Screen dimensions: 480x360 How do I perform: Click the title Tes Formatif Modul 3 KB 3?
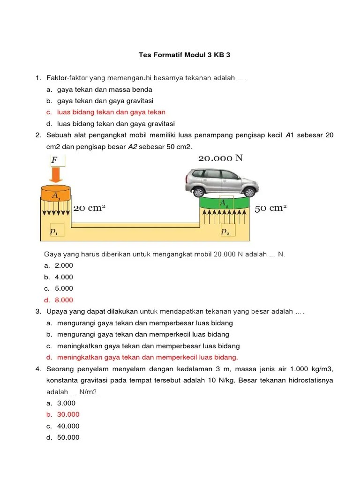[184, 55]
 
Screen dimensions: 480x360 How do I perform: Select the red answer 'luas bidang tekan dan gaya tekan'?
[111, 112]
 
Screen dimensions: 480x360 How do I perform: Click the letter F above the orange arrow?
[55, 160]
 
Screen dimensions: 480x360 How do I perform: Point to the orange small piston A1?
[55, 194]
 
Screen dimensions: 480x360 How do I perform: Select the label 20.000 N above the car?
[220, 158]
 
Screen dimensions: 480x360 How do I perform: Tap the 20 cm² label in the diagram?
[90, 208]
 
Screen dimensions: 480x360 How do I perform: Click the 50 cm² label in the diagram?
[270, 208]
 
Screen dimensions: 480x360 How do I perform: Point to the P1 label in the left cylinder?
[54, 231]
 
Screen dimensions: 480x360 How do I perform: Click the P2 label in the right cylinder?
[225, 232]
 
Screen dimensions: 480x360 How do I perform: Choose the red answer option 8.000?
[64, 300]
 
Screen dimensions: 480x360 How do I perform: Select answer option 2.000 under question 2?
[64, 265]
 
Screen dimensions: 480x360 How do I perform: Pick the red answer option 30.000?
[68, 414]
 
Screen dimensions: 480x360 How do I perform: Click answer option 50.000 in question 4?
[68, 437]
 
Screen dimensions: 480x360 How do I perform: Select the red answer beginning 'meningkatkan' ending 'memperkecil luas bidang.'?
[148, 357]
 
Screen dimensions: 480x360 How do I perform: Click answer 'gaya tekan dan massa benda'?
[105, 89]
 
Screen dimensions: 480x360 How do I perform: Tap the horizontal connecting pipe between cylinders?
[136, 225]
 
